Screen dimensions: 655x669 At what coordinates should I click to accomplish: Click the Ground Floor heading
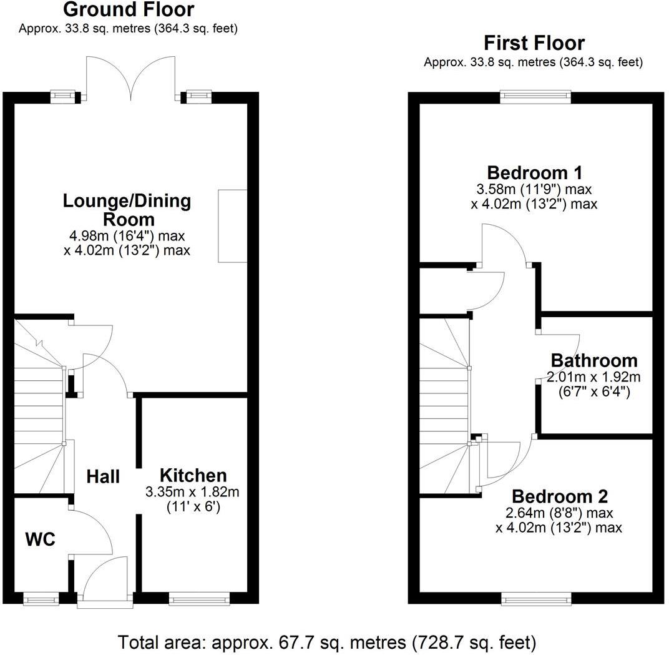(128, 10)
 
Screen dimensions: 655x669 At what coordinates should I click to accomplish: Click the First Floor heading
(534, 43)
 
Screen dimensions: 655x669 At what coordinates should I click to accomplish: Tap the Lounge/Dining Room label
(127, 210)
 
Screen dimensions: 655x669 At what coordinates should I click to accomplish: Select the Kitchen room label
(193, 475)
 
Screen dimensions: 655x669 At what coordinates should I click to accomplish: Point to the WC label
(41, 539)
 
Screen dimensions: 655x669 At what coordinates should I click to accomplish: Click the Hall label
(103, 476)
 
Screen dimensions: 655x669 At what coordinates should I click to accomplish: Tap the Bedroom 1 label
(534, 172)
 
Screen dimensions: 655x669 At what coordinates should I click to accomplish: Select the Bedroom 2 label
(559, 497)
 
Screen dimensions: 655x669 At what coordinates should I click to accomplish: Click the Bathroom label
(593, 360)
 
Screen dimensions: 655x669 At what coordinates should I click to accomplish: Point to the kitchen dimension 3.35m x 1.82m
(192, 492)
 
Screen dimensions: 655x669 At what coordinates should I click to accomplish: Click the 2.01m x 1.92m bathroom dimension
(593, 377)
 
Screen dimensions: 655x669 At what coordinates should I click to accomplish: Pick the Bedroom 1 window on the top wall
(535, 97)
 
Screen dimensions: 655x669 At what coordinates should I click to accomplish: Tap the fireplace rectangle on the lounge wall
(232, 225)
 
